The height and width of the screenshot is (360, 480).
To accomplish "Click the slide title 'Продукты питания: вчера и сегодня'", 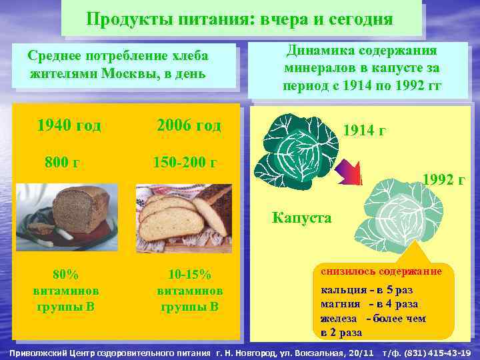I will click(239, 19).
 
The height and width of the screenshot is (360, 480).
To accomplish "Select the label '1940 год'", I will click(69, 125).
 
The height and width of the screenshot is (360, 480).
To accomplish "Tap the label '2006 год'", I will click(188, 125).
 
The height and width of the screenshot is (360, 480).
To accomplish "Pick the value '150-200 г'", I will click(185, 162).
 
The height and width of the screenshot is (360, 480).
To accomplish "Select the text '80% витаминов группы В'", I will click(65, 291).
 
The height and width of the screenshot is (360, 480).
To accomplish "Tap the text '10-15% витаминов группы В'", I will click(189, 291).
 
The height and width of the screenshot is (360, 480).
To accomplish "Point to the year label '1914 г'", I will click(363, 131).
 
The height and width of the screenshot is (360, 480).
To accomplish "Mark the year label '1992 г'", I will click(444, 179).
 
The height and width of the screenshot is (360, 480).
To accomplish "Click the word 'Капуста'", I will click(301, 217).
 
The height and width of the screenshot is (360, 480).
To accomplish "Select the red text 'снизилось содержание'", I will click(381, 271).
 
